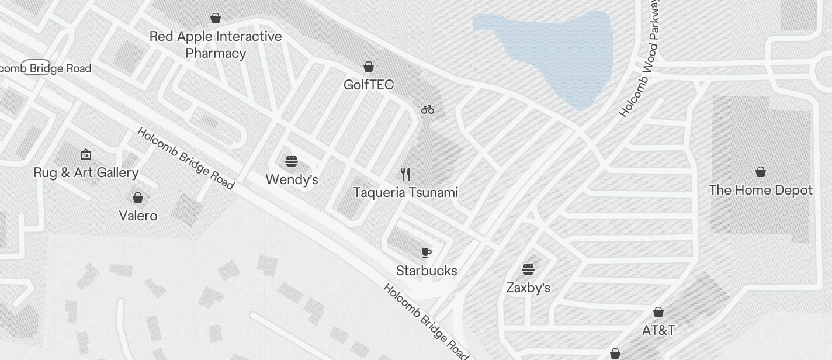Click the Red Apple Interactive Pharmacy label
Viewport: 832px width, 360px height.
[x=216, y=45]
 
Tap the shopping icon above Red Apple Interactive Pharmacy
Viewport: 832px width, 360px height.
[x=216, y=18]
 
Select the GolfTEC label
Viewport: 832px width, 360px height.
[x=369, y=85]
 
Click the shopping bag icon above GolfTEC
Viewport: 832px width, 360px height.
[x=369, y=67]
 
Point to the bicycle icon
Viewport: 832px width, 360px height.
[x=428, y=109]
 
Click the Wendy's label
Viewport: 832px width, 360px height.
[x=292, y=179]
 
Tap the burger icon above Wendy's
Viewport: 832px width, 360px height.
[x=292, y=161]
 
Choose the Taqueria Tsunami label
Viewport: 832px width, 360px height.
[x=405, y=192]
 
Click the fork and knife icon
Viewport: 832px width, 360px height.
[x=405, y=174]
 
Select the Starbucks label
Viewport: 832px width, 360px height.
[x=427, y=271]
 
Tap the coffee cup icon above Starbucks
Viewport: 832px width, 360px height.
[x=427, y=252]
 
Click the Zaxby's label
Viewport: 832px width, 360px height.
[x=528, y=288]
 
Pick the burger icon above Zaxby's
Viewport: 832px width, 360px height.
[x=528, y=269]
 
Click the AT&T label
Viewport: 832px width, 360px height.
[x=658, y=330]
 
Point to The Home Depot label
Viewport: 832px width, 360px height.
[x=761, y=190]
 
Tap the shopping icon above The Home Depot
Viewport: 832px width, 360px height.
[x=761, y=172]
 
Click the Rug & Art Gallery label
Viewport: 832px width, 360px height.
[x=86, y=172]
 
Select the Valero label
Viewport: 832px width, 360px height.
[x=138, y=216]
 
